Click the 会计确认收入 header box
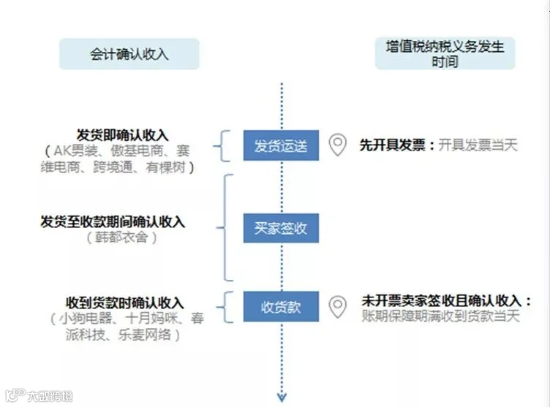(x=129, y=53)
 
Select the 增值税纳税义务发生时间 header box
(x=445, y=53)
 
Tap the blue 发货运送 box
(x=281, y=145)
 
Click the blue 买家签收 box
(x=281, y=228)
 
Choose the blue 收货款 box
(x=281, y=306)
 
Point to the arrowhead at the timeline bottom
(x=282, y=398)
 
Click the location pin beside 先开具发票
(x=337, y=145)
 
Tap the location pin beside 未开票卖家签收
(x=337, y=307)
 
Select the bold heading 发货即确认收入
(x=122, y=135)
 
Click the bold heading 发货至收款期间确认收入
(x=113, y=221)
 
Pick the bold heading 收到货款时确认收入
(x=125, y=303)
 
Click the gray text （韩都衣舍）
(x=121, y=237)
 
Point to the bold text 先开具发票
(x=392, y=145)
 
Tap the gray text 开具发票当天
(x=478, y=145)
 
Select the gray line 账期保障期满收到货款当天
(x=440, y=316)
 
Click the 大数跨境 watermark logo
(x=39, y=395)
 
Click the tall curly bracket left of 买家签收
(x=225, y=227)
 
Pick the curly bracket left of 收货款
(x=225, y=307)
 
